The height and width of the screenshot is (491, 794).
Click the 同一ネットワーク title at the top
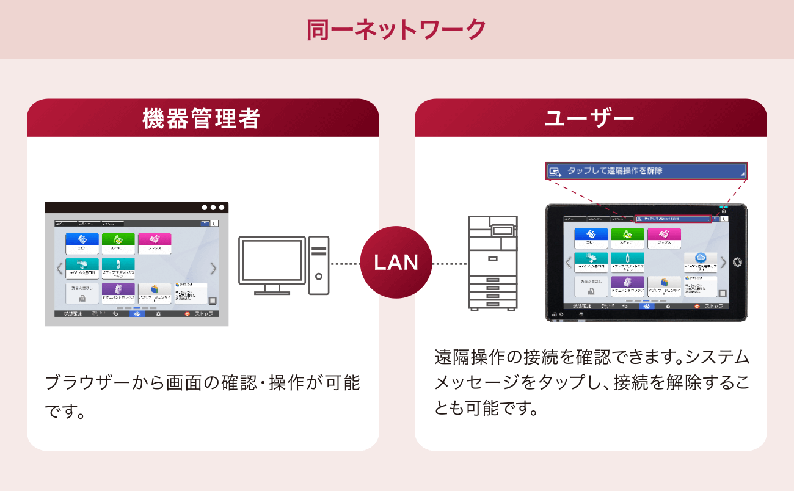(396, 29)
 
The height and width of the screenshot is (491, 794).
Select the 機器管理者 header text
(202, 118)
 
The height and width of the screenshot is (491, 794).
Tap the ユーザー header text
(590, 118)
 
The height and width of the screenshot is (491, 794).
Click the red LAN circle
(396, 263)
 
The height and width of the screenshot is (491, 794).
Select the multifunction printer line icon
(492, 263)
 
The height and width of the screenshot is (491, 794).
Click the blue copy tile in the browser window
(82, 244)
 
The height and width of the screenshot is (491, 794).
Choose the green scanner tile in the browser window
(118, 244)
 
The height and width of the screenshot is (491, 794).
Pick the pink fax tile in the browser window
(155, 244)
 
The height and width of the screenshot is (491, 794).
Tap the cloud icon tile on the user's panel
(700, 261)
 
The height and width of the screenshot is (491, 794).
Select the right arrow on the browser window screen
(213, 268)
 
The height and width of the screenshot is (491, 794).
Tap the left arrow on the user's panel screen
(569, 263)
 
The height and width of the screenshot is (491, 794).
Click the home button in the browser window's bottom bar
(137, 313)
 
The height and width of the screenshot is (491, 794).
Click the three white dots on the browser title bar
(213, 208)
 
